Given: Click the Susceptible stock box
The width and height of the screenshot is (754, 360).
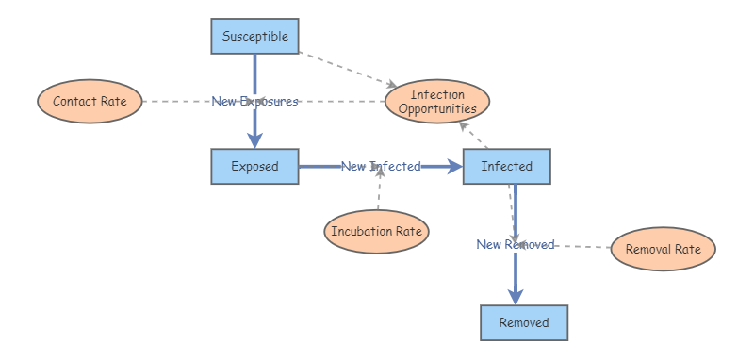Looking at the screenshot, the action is pos(254,36).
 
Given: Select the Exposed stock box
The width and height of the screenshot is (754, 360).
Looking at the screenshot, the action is pos(254,166).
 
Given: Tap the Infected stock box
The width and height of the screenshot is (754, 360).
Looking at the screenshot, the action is pos(507,166).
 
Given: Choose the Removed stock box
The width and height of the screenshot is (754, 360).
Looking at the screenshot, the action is pos(524,322).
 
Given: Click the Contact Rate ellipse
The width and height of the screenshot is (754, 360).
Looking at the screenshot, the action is pos(90,102).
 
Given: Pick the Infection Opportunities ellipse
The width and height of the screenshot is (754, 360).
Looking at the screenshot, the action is pos(437,102).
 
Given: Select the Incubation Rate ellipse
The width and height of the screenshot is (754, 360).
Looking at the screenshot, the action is pos(376,232).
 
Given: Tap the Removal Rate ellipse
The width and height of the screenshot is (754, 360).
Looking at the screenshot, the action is pos(664,249).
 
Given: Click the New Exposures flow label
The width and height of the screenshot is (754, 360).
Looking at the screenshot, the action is pos(254,102).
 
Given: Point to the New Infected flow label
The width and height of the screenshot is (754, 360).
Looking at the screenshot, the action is pos(381,166).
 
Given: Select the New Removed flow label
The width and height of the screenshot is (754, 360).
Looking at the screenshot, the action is pos(516,244).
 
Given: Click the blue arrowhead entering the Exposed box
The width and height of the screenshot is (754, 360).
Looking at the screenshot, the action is pos(254,141).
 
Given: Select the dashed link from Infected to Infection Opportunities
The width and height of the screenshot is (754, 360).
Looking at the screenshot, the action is pos(474,135).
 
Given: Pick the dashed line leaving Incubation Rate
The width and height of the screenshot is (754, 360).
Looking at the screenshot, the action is pos(379,188).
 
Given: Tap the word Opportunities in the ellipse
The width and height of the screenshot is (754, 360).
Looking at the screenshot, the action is pos(437,108).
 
